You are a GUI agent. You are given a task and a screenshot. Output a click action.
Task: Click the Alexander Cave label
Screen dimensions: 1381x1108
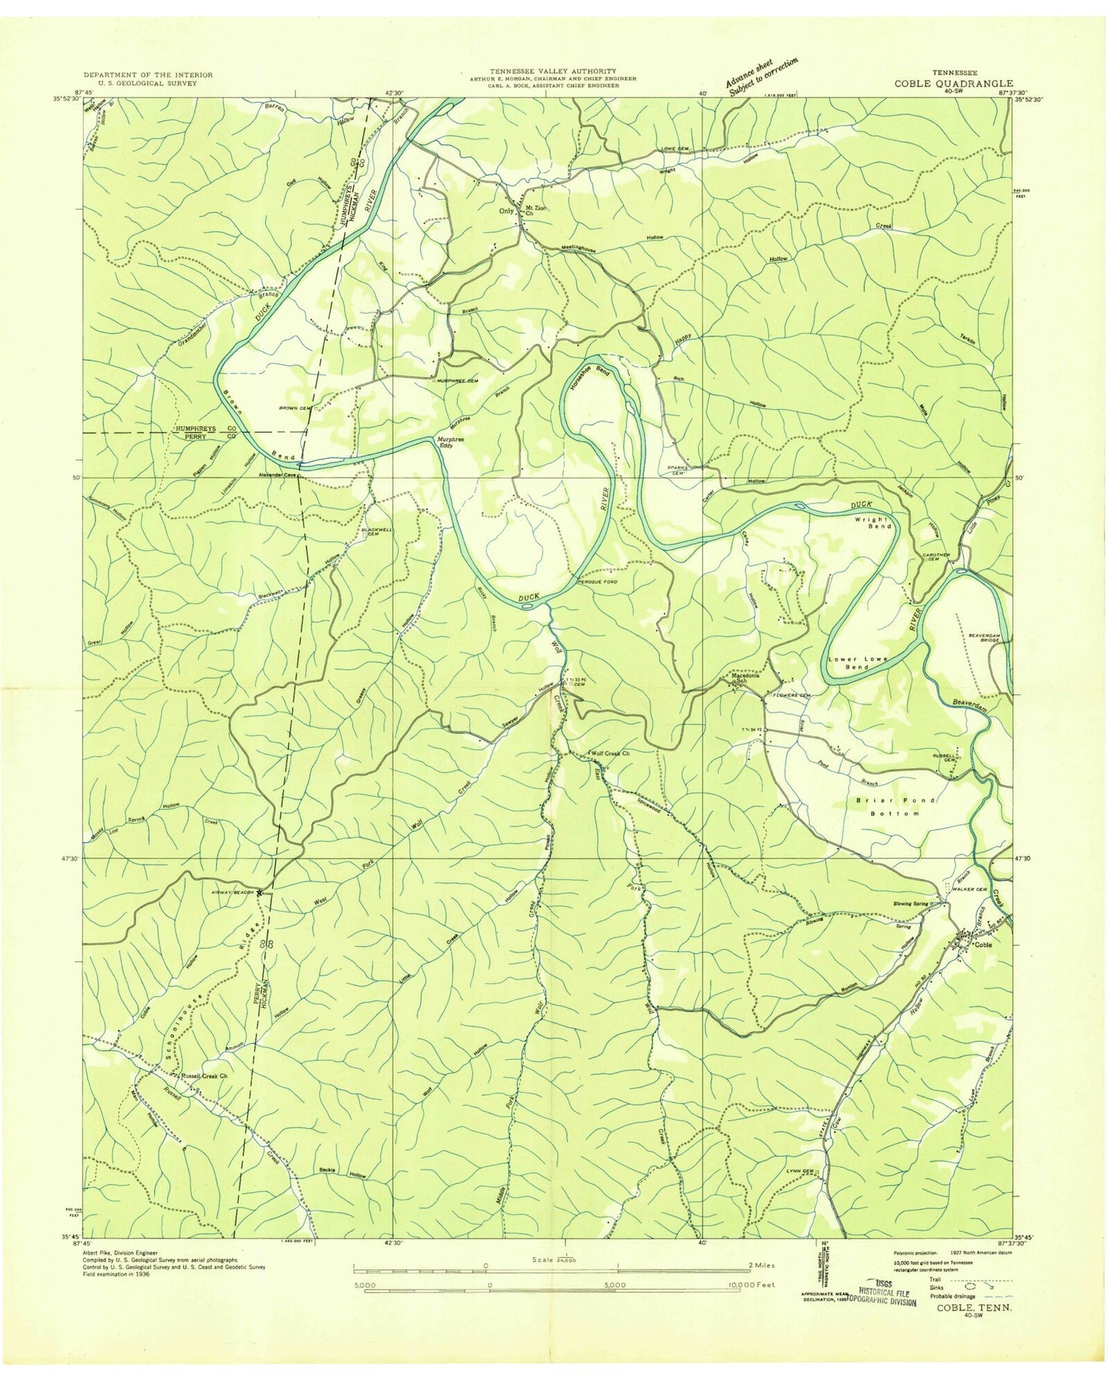276,476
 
